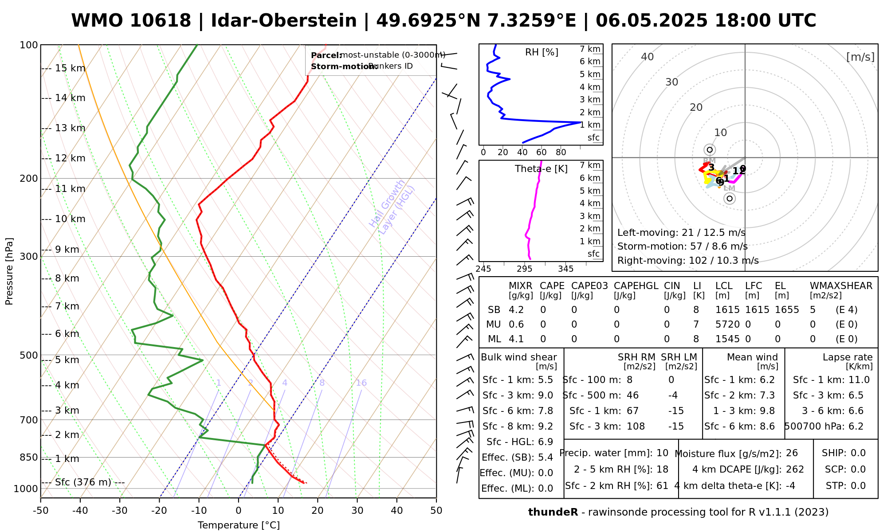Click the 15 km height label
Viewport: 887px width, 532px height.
pos(70,68)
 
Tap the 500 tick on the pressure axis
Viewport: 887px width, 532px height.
pos(29,356)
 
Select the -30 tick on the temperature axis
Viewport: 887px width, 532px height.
pos(120,511)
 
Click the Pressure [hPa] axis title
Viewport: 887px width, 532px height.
pos(9,271)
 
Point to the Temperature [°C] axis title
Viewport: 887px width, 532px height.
pos(239,525)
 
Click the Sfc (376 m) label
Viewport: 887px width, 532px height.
pos(83,482)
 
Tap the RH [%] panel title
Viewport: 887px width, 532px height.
pos(542,52)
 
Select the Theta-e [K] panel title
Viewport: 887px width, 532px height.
pos(541,169)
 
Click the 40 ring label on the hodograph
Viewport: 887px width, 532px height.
pos(648,57)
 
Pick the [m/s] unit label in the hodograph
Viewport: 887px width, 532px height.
pos(860,57)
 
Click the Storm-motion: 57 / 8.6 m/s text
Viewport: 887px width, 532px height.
pos(682,246)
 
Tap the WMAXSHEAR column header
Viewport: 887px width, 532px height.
pos(841,286)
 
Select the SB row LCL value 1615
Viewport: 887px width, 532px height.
pos(727,310)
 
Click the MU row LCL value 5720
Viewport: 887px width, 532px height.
pos(727,325)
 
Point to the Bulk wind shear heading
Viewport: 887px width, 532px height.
pos(518,357)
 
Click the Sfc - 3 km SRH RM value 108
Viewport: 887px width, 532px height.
pos(636,426)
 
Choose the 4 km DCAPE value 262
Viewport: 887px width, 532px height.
pos(795,469)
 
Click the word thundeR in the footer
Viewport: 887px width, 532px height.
pos(553,512)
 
